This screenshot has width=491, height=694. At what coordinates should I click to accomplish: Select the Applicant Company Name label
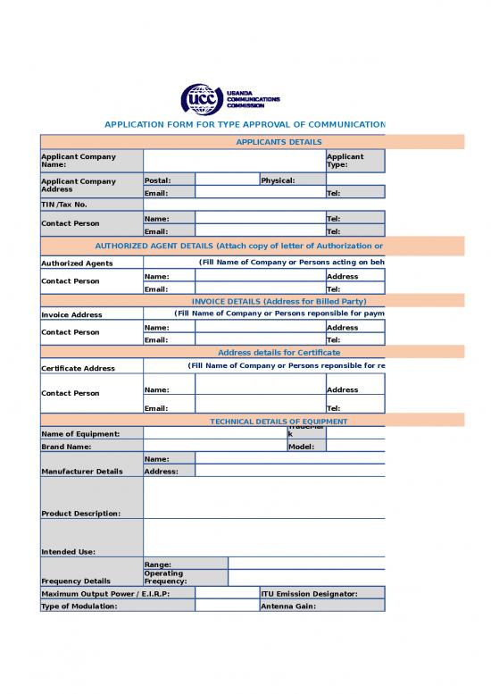79,161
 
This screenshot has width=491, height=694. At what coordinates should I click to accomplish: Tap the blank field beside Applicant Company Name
234,161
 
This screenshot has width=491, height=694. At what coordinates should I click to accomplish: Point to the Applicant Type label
345,161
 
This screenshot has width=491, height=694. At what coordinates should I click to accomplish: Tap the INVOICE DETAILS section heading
279,301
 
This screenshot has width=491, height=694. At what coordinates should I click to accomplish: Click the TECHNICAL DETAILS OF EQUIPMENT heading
278,421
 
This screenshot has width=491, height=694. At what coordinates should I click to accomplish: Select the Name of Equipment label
81,433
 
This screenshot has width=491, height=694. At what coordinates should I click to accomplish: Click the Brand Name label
67,446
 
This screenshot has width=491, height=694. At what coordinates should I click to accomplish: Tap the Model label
301,446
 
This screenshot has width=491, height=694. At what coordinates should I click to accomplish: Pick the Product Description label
81,513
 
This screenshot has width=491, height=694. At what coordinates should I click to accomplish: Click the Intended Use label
69,551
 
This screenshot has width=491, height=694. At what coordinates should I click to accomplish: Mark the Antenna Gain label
287,606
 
